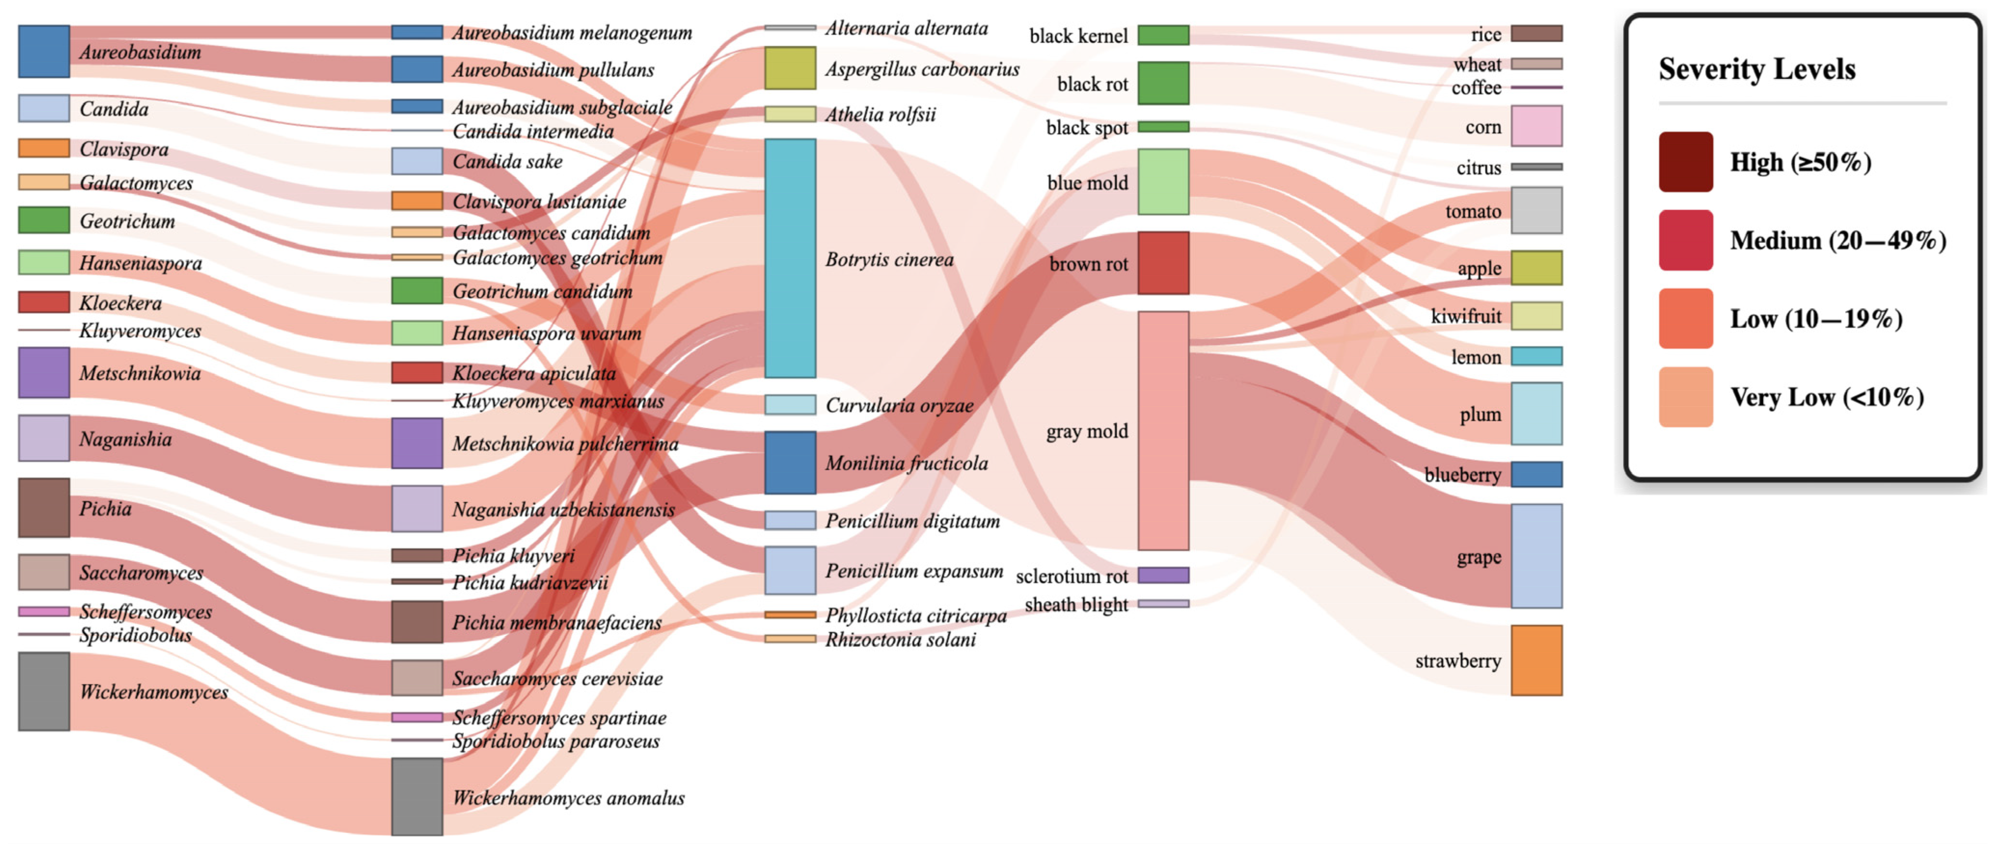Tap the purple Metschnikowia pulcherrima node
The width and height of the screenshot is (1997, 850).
(417, 443)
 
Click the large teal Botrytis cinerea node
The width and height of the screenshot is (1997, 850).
(790, 258)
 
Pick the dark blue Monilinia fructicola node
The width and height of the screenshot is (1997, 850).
(790, 462)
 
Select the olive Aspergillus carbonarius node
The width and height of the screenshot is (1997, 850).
(790, 68)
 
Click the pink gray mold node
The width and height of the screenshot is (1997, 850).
(1163, 431)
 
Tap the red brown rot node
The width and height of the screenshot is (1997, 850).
(1163, 263)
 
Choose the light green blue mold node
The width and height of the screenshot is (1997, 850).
(1163, 181)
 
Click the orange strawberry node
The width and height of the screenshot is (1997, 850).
(1536, 660)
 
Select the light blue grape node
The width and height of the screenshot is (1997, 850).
(1536, 555)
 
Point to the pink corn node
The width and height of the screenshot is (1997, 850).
(1536, 125)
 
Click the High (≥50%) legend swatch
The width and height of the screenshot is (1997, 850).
(1685, 162)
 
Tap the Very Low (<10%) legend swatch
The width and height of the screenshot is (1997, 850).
(1685, 397)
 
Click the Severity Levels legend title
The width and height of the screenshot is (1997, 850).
(1757, 69)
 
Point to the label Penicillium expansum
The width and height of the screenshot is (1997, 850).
(914, 571)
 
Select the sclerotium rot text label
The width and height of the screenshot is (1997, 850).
(1072, 577)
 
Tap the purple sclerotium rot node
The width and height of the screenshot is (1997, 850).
(1163, 575)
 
